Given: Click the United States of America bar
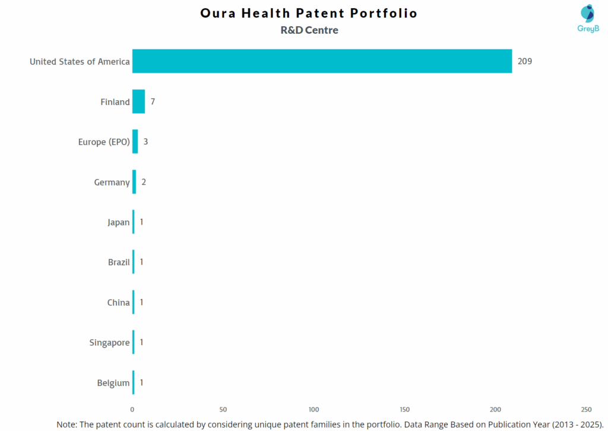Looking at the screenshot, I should point(322,61).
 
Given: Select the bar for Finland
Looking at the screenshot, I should point(138,101).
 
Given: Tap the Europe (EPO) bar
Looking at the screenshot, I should point(135,142).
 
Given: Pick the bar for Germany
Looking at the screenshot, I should point(134,182).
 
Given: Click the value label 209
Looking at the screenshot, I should point(524,61).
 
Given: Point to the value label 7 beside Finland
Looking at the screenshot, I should point(153,101).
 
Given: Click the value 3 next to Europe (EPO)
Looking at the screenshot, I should point(145,142).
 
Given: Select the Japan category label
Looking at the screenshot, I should point(118,222).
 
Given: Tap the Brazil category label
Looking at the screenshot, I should point(119,262).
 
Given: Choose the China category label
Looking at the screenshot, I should point(118,302).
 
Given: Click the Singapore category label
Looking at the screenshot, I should point(109,343).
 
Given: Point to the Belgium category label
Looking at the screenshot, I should point(113,383).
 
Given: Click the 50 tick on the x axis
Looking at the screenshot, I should point(223,410).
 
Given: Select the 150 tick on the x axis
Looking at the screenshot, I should point(405,410).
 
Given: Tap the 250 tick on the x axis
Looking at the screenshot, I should point(586,410).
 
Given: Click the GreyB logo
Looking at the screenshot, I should point(588,18).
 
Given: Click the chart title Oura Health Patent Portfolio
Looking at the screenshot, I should point(308,13).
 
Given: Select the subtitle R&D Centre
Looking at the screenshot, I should point(309,30).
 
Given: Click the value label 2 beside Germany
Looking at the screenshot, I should point(144,182).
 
